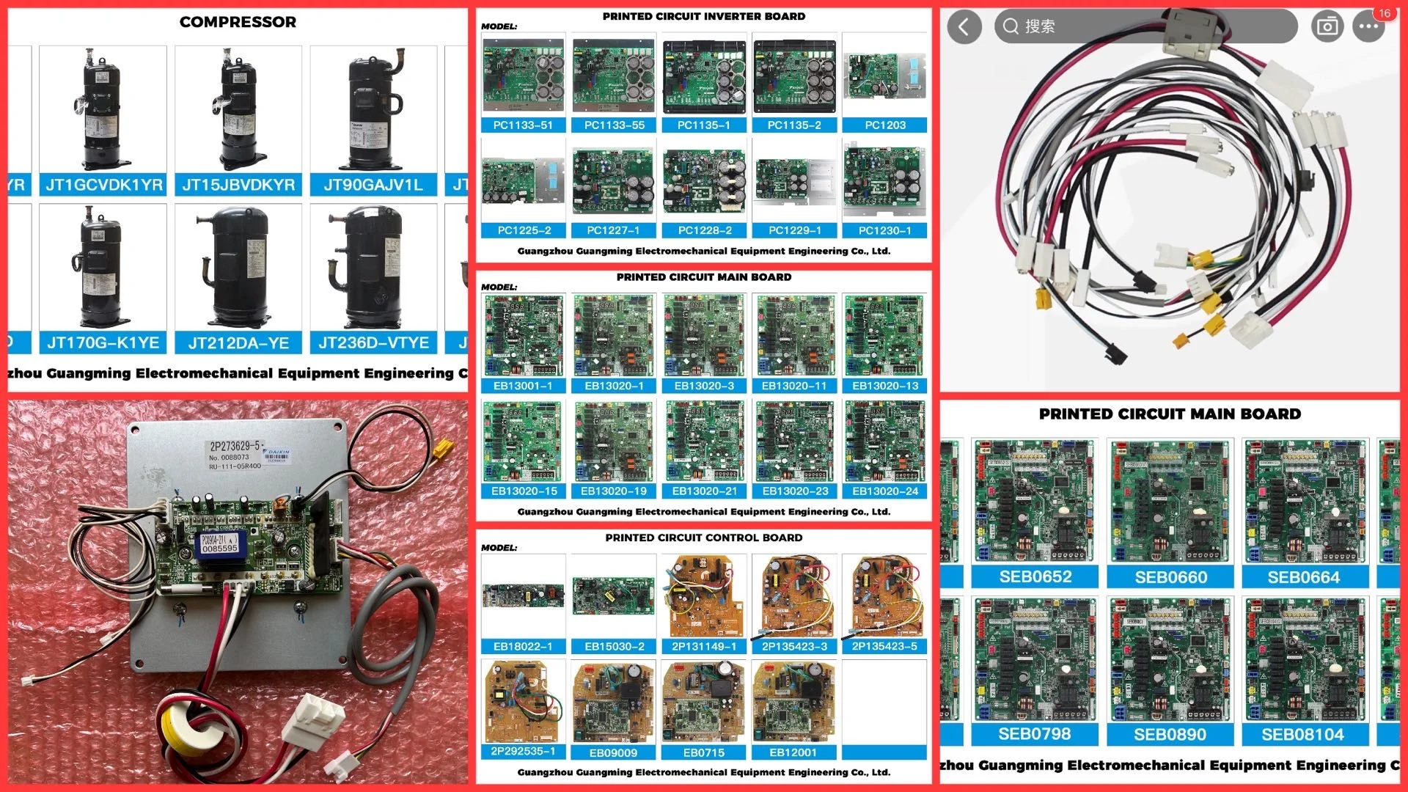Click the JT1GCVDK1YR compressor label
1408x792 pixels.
pos(104,185)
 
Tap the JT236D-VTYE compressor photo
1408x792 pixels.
pos(373,268)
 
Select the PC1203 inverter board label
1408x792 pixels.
pos(885,125)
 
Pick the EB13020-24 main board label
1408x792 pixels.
pos(885,491)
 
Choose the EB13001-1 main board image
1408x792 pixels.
pos(524,335)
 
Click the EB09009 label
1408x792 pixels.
pos(613,752)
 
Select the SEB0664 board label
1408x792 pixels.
pos(1303,578)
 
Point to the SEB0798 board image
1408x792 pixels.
pos(1035,659)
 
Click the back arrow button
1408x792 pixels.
pos(964,27)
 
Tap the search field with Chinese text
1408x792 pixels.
pos(1144,27)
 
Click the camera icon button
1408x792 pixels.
pos(1327,27)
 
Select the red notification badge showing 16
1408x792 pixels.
pos(1384,13)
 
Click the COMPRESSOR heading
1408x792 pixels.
pos(238,22)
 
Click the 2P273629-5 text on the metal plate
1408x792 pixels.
pos(235,445)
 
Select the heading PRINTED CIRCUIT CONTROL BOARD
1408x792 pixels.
pos(703,538)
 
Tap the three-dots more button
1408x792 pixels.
pos(1368,27)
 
